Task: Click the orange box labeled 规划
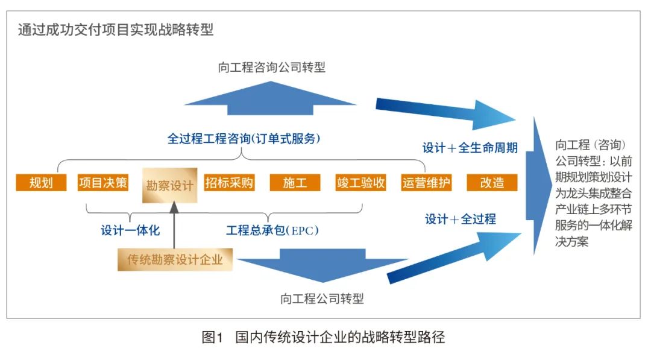point(41,182)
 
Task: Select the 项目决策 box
point(103,182)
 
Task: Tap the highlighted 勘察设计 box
point(170,185)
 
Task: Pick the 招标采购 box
point(229,182)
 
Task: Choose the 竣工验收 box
point(361,182)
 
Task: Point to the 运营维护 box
point(426,182)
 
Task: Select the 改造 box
point(492,182)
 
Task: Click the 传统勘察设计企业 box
point(175,259)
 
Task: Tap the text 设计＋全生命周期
point(470,147)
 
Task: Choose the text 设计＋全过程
point(461,219)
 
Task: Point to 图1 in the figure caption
point(212,337)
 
